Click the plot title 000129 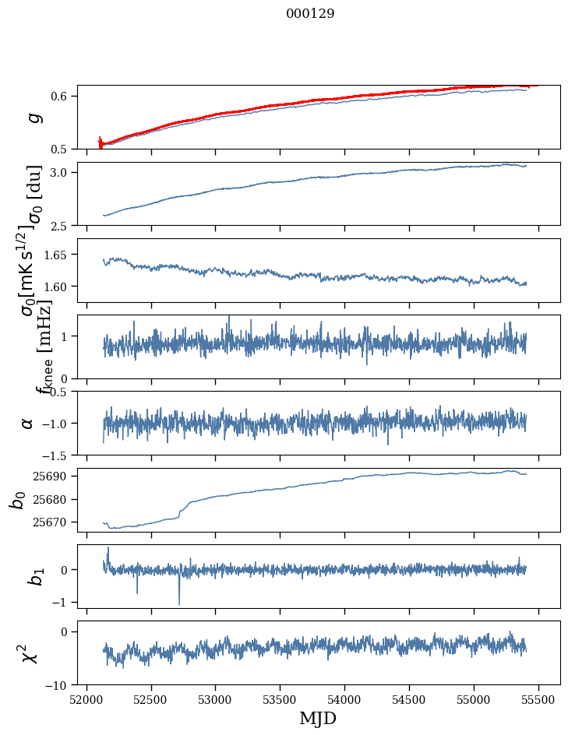pyautogui.click(x=310, y=14)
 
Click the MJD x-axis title pyautogui.click(x=319, y=719)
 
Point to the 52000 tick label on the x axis pyautogui.click(x=86, y=700)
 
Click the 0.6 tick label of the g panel pyautogui.click(x=62, y=97)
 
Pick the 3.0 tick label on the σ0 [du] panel pyautogui.click(x=62, y=172)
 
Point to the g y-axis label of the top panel pyautogui.click(x=34, y=117)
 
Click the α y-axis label pyautogui.click(x=27, y=423)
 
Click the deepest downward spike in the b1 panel pyautogui.click(x=179, y=604)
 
